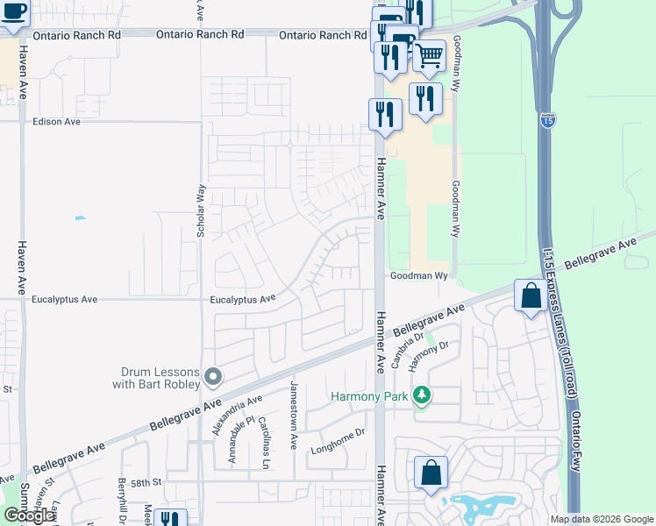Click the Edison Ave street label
(x=56, y=122)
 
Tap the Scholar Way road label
(x=201, y=210)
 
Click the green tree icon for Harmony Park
(x=423, y=396)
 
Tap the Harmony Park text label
(x=369, y=397)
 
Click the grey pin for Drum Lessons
(x=213, y=377)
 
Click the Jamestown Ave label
(x=296, y=415)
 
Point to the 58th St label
(x=147, y=482)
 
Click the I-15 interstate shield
(x=547, y=118)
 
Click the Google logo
(x=29, y=515)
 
